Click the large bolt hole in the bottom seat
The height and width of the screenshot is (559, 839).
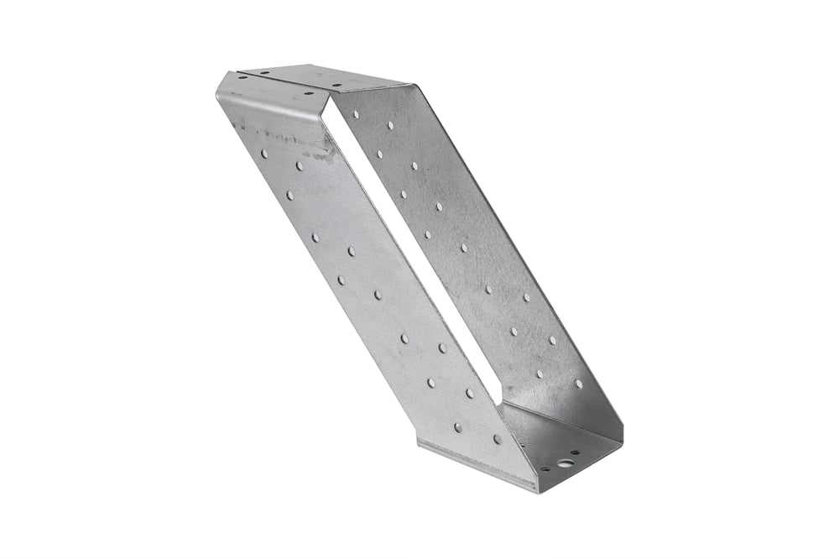click(x=566, y=462)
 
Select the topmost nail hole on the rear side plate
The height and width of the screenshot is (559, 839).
click(x=356, y=113)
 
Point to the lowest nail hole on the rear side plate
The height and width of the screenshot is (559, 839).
click(x=578, y=384)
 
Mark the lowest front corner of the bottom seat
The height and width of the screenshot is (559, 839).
click(x=536, y=489)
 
